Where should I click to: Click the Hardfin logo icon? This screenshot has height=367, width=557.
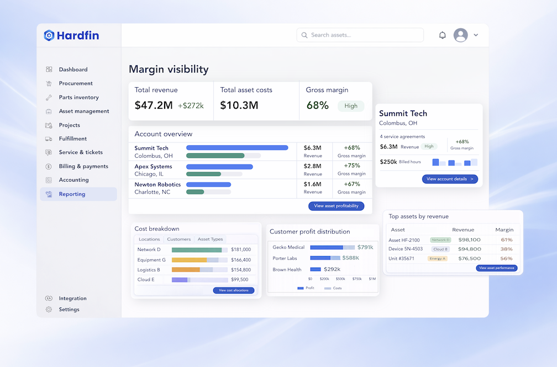[49, 35]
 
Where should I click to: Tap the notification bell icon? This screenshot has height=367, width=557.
[442, 35]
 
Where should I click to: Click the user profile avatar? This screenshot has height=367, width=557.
[460, 35]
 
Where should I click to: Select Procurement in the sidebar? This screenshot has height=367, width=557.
[76, 83]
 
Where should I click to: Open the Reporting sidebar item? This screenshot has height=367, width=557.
[72, 194]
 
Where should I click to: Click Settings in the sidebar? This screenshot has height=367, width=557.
[69, 310]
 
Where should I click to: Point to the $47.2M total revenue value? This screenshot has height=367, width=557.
[154, 105]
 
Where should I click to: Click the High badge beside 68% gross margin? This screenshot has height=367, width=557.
[351, 106]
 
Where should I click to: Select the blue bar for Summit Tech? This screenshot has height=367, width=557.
[237, 148]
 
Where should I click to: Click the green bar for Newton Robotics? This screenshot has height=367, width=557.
[195, 192]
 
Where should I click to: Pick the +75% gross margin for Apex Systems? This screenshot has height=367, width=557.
[351, 166]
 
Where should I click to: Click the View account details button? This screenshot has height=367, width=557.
[450, 179]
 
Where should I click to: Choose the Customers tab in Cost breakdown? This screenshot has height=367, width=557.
[178, 240]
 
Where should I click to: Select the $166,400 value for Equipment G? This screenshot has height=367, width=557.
[241, 260]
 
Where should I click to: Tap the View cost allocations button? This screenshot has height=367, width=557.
[234, 290]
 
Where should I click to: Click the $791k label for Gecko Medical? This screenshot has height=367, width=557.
[365, 247]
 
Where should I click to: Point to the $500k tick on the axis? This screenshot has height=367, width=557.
[340, 279]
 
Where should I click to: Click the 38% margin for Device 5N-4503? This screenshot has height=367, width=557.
[506, 249]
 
